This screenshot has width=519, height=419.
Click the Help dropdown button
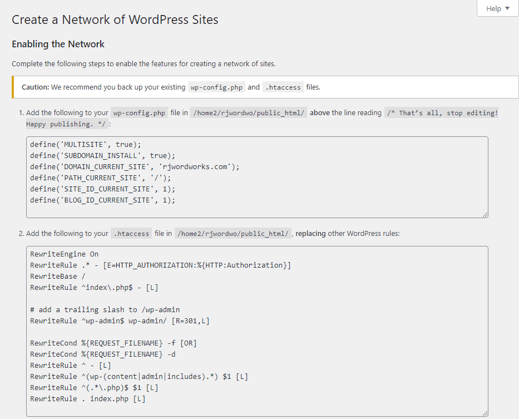click(x=497, y=8)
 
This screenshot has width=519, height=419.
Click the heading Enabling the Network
click(x=58, y=44)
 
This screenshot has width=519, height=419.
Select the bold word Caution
click(x=35, y=87)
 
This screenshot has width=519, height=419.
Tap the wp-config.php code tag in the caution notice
click(x=216, y=87)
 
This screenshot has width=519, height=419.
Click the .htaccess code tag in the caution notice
click(x=283, y=87)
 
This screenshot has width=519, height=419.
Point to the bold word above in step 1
click(x=319, y=112)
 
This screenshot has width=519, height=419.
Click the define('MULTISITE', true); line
click(x=86, y=145)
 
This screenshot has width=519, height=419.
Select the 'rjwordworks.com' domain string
click(x=195, y=166)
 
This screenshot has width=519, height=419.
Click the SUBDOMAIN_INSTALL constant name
click(x=100, y=156)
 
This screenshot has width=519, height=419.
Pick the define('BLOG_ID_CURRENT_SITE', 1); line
click(x=102, y=200)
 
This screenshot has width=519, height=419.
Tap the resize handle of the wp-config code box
click(x=485, y=215)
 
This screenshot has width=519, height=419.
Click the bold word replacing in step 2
click(x=310, y=234)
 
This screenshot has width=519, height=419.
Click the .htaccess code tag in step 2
click(x=131, y=234)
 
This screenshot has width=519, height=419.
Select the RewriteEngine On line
click(x=64, y=254)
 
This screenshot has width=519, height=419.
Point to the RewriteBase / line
click(x=58, y=276)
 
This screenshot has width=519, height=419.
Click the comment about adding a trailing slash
click(x=105, y=310)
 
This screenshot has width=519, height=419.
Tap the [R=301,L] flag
click(x=190, y=321)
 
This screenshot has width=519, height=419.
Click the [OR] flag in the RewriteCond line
click(x=189, y=343)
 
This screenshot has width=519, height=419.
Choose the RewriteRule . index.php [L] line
click(x=88, y=399)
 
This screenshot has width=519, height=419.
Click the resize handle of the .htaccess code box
click(x=485, y=413)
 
